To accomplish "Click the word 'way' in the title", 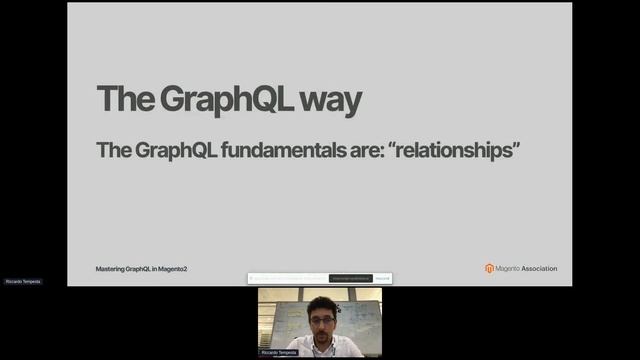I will [x=328, y=101].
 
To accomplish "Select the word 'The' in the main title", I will [x=118, y=100].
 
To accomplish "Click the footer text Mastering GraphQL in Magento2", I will [x=142, y=269].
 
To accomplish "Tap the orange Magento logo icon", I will [x=490, y=268].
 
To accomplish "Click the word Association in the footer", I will [x=540, y=268].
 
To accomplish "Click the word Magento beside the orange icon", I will [x=508, y=268].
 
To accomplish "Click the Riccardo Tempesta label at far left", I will [x=22, y=282].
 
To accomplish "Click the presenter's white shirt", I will [x=300, y=350].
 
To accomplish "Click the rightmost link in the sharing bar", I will [x=383, y=278].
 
